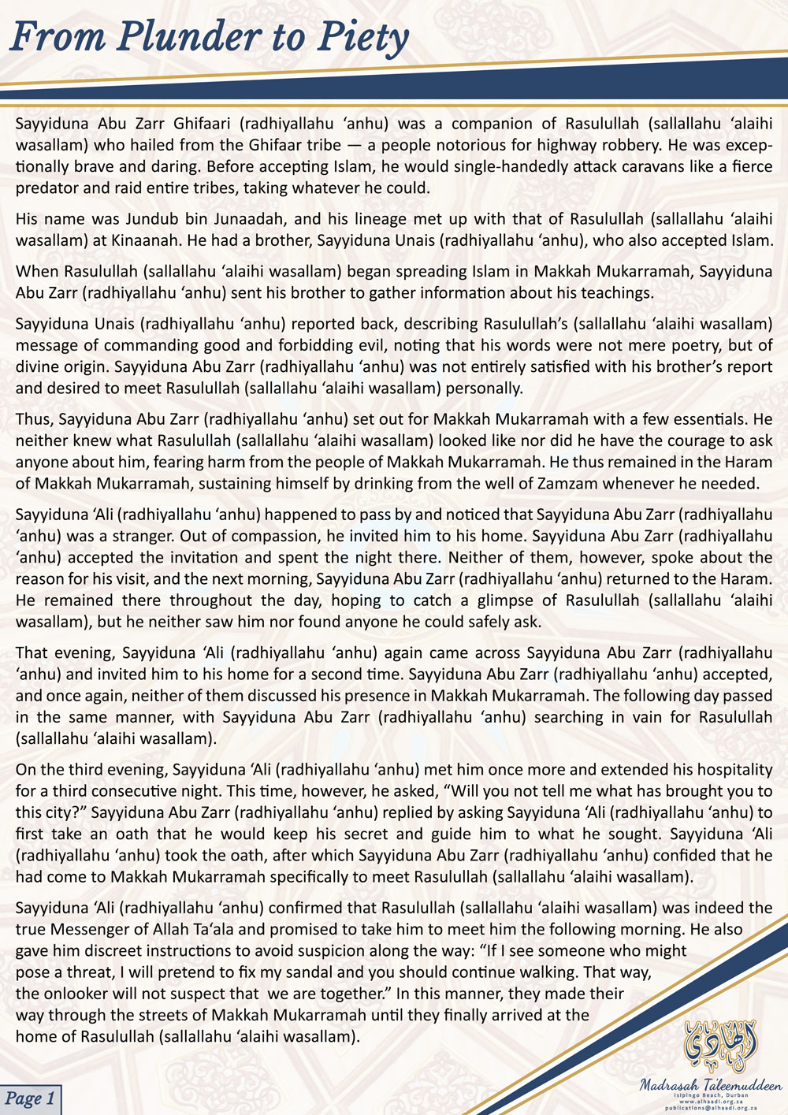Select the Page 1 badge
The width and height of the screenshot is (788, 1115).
coord(30,1098)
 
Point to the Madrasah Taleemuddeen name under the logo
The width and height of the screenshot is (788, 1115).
coord(711,1085)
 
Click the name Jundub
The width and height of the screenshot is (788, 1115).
coord(139,220)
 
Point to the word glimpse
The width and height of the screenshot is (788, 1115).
coord(500,600)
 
